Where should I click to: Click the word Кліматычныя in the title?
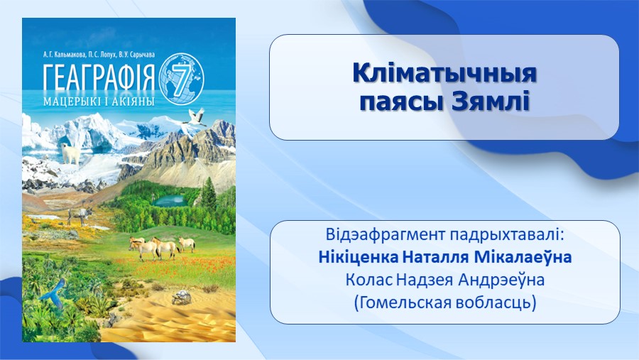pos(444,74)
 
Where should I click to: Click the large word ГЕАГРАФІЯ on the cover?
pos(99,77)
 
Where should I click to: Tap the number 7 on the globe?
pos(180,78)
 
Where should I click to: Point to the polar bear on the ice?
pos(71,153)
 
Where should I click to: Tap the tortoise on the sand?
pos(181,298)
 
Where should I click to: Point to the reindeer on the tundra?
pos(80,216)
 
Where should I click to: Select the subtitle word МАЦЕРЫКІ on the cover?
pos(68,101)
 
